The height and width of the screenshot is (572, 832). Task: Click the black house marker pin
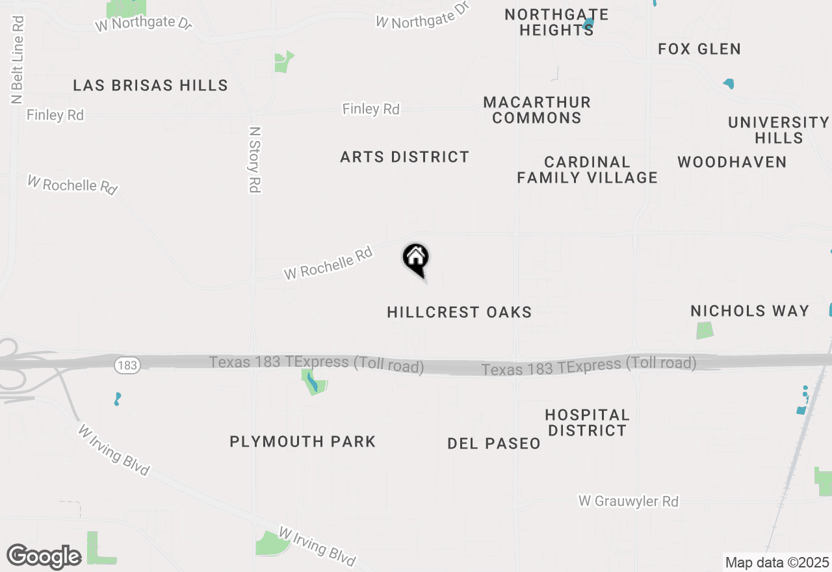pyautogui.click(x=416, y=260)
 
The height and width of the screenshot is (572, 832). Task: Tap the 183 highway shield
pyautogui.click(x=127, y=365)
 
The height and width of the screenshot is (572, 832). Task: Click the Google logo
pyautogui.click(x=44, y=556)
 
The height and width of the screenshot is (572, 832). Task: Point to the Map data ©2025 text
pyautogui.click(x=777, y=562)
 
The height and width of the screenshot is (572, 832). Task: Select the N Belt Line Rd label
pyautogui.click(x=18, y=60)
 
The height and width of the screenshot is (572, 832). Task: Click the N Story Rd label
pyautogui.click(x=255, y=159)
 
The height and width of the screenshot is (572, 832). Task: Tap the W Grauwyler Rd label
pyautogui.click(x=629, y=501)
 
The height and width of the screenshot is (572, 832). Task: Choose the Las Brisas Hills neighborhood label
pyautogui.click(x=150, y=85)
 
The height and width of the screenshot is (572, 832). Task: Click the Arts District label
pyautogui.click(x=404, y=157)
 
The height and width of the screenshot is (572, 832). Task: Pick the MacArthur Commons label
pyautogui.click(x=537, y=110)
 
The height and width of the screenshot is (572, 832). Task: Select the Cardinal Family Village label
pyautogui.click(x=588, y=170)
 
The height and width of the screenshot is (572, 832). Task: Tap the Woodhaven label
pyautogui.click(x=732, y=162)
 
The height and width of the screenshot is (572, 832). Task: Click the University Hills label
pyautogui.click(x=779, y=130)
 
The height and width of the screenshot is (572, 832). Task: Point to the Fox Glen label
pyautogui.click(x=699, y=49)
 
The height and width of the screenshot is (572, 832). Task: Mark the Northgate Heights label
pyautogui.click(x=556, y=22)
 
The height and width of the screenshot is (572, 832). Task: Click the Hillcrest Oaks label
pyautogui.click(x=460, y=312)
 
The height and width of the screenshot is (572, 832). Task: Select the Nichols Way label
pyautogui.click(x=750, y=311)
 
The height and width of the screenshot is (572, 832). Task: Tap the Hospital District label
pyautogui.click(x=587, y=422)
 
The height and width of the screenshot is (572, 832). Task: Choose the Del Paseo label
pyautogui.click(x=494, y=443)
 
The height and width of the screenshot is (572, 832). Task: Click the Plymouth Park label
pyautogui.click(x=303, y=441)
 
